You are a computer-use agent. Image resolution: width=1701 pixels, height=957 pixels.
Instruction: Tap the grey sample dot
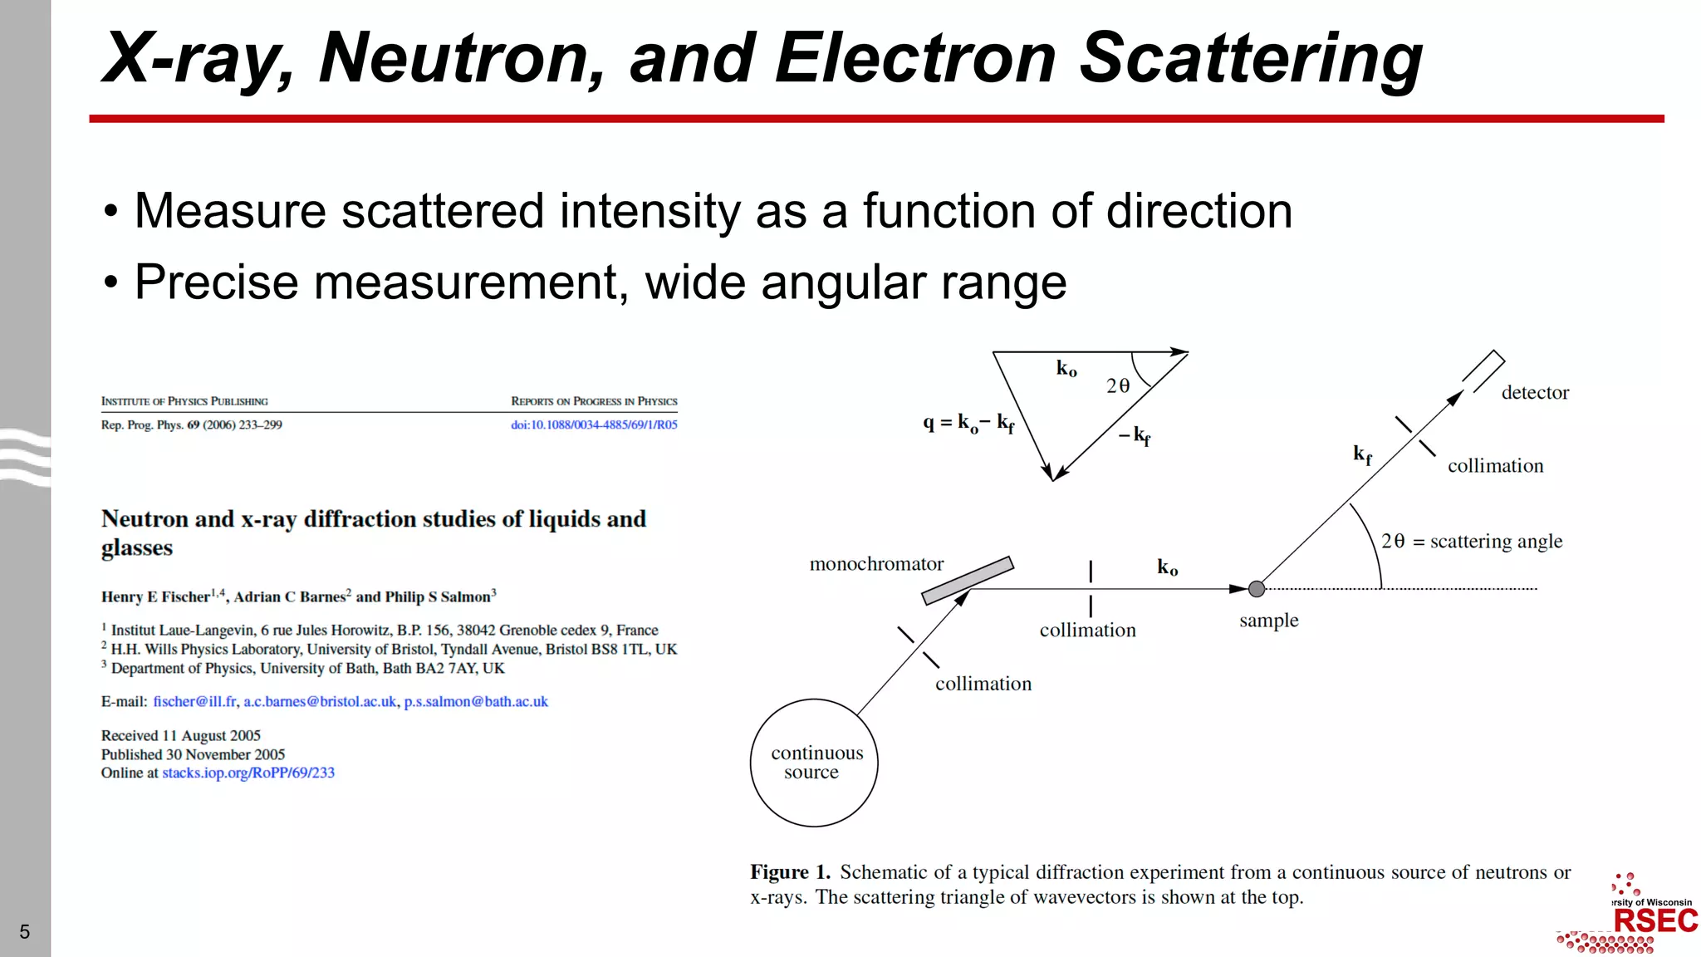click(x=1257, y=589)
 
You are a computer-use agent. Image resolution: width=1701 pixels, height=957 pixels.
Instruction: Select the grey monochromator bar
click(x=968, y=580)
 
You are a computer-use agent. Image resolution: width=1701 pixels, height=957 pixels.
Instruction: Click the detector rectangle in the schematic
click(x=1483, y=371)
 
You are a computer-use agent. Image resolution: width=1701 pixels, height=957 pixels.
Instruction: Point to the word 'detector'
click(x=1535, y=393)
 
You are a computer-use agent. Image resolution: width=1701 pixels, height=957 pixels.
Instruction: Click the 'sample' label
click(x=1268, y=621)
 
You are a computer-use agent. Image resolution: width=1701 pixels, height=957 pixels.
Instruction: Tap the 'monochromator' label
click(x=876, y=564)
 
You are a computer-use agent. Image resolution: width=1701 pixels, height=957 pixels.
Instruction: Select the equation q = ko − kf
click(x=968, y=423)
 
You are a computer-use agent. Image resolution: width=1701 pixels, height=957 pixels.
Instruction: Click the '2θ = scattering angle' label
click(x=1472, y=542)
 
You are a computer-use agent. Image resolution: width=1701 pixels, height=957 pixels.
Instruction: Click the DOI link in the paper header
click(x=594, y=425)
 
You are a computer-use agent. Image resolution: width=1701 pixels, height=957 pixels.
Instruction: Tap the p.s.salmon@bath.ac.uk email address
click(x=476, y=702)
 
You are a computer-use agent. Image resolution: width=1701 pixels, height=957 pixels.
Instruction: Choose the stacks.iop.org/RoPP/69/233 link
click(x=248, y=773)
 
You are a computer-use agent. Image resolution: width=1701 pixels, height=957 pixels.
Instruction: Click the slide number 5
click(x=25, y=931)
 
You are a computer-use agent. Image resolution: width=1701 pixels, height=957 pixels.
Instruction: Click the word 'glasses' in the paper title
click(x=137, y=548)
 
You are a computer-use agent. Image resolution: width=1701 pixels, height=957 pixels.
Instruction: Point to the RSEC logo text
click(x=1654, y=920)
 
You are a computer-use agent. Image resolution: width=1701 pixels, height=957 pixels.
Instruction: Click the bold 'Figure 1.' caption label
click(x=790, y=872)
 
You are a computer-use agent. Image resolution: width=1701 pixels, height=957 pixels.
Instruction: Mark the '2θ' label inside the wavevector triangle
click(x=1118, y=385)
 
